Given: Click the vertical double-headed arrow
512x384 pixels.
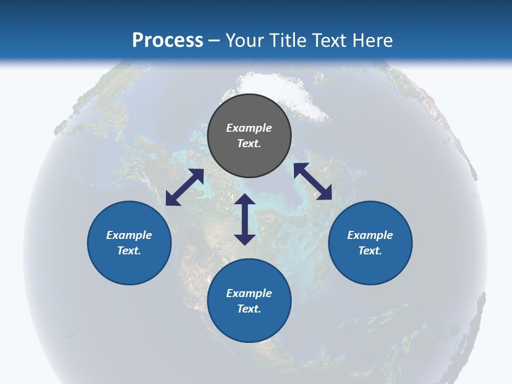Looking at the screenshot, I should pyautogui.click(x=245, y=219).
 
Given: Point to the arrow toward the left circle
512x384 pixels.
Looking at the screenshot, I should pyautogui.click(x=185, y=187).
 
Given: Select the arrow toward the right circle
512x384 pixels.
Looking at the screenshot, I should pyautogui.click(x=313, y=181).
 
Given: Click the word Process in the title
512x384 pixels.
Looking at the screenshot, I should pyautogui.click(x=167, y=40).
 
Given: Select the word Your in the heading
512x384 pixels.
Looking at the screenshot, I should pyautogui.click(x=245, y=40).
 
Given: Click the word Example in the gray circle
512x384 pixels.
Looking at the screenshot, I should pyautogui.click(x=249, y=128).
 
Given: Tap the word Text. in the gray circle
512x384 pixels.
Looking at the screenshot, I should pyautogui.click(x=249, y=143).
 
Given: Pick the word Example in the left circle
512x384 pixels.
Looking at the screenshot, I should pyautogui.click(x=129, y=235).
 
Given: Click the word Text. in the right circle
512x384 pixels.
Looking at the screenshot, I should pyautogui.click(x=370, y=251).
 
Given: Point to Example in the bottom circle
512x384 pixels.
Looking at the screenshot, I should pyautogui.click(x=249, y=293).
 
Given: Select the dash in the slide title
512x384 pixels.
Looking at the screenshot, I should pyautogui.click(x=214, y=40).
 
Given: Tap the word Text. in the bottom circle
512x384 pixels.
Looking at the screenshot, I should pyautogui.click(x=249, y=309).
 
